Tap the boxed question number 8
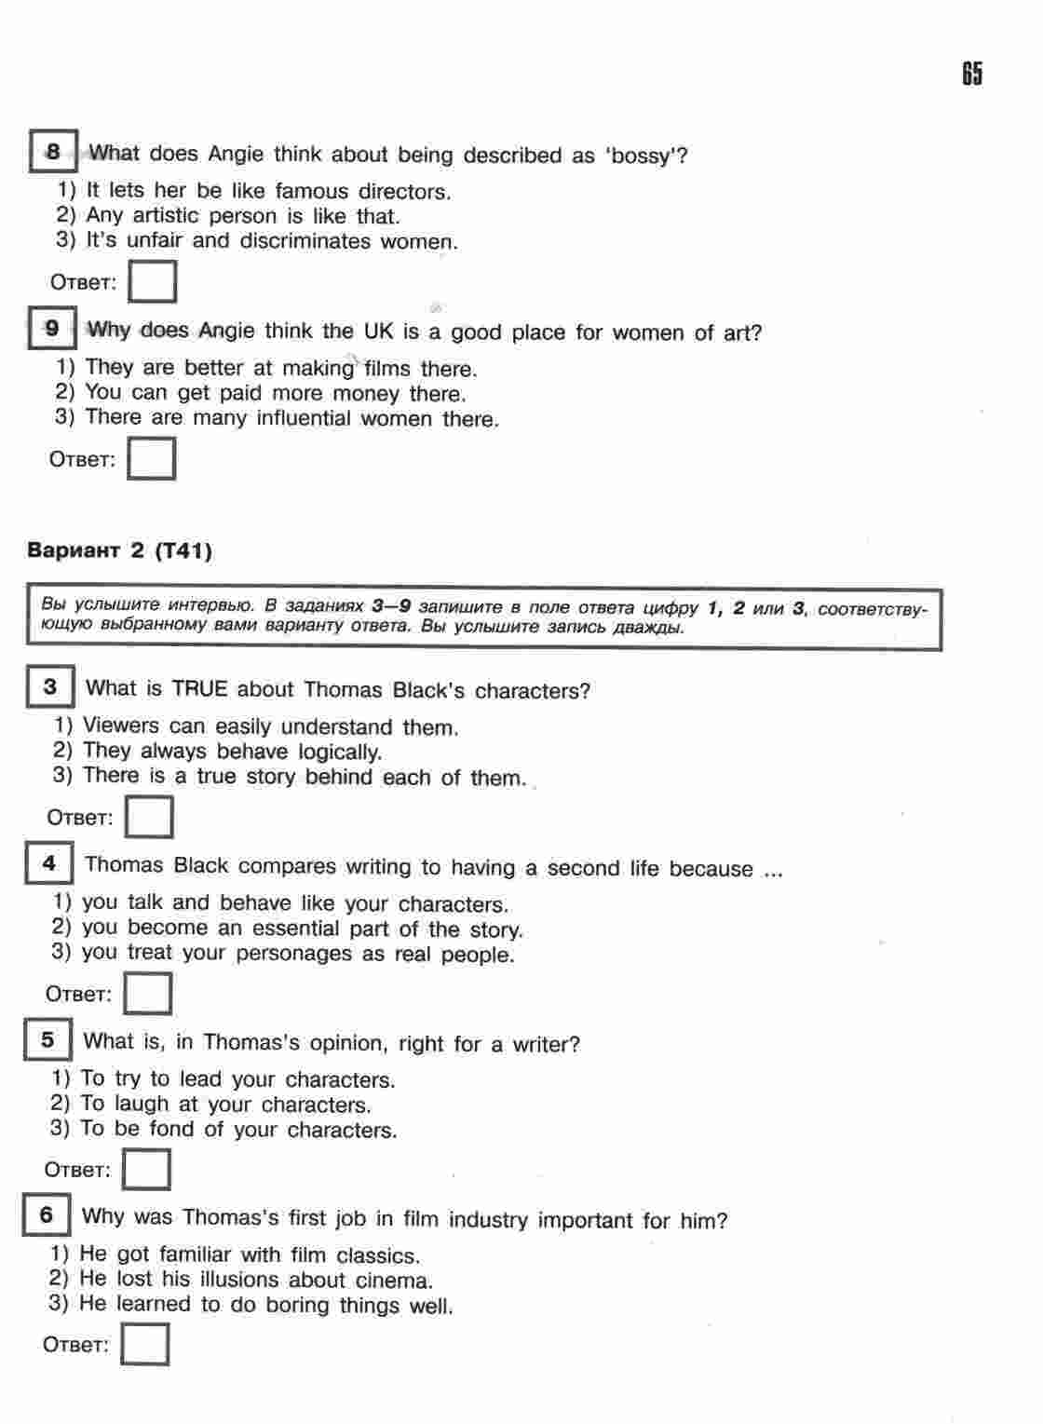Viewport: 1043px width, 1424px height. click(53, 152)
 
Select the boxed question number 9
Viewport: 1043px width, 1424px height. click(52, 328)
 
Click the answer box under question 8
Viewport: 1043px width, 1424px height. click(152, 281)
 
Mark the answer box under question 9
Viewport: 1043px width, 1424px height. click(151, 458)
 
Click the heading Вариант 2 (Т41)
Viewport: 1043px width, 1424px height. click(119, 550)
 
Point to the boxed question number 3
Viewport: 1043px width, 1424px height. click(49, 687)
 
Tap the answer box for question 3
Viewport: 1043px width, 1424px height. click(149, 817)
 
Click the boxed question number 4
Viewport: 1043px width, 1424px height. click(48, 863)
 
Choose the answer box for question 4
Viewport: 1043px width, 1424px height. click(147, 993)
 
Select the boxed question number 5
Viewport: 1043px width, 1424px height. click(47, 1039)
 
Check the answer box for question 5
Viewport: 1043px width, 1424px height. click(146, 1169)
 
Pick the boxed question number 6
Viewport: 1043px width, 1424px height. click(47, 1215)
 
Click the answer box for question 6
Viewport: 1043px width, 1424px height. click(144, 1344)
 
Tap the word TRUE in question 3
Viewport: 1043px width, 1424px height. click(199, 689)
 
